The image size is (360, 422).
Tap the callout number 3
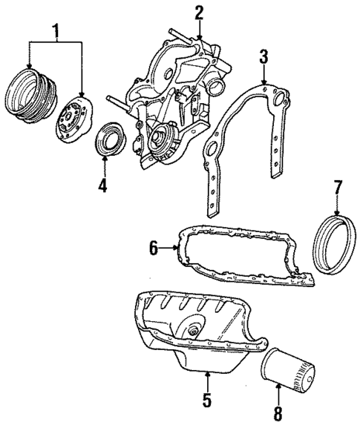[x=264, y=56]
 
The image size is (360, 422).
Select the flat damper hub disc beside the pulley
[x=73, y=116]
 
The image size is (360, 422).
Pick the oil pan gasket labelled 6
[x=245, y=260]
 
